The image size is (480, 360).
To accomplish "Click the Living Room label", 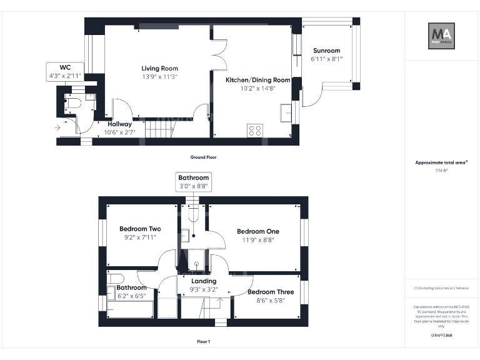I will (x=159, y=68).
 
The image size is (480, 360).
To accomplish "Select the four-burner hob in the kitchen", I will (x=255, y=130).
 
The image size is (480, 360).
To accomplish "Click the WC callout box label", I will (x=64, y=67).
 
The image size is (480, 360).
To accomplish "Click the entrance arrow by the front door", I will (x=58, y=127).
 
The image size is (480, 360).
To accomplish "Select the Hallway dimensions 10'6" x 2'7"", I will (x=119, y=132).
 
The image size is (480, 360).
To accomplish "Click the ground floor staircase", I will (x=160, y=129).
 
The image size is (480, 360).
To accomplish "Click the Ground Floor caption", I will (x=204, y=157).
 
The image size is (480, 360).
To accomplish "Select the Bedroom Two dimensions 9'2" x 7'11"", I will (x=140, y=237).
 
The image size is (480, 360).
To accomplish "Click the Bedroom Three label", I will (x=270, y=292).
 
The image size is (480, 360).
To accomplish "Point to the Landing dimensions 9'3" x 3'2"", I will (x=203, y=289).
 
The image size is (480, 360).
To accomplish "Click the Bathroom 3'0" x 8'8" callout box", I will (x=194, y=182).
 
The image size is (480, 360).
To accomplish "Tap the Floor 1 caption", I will (x=204, y=342).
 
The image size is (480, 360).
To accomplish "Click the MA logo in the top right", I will (x=441, y=35).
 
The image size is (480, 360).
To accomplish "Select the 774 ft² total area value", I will (x=441, y=170).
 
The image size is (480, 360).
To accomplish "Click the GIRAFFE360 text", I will (x=441, y=336).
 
